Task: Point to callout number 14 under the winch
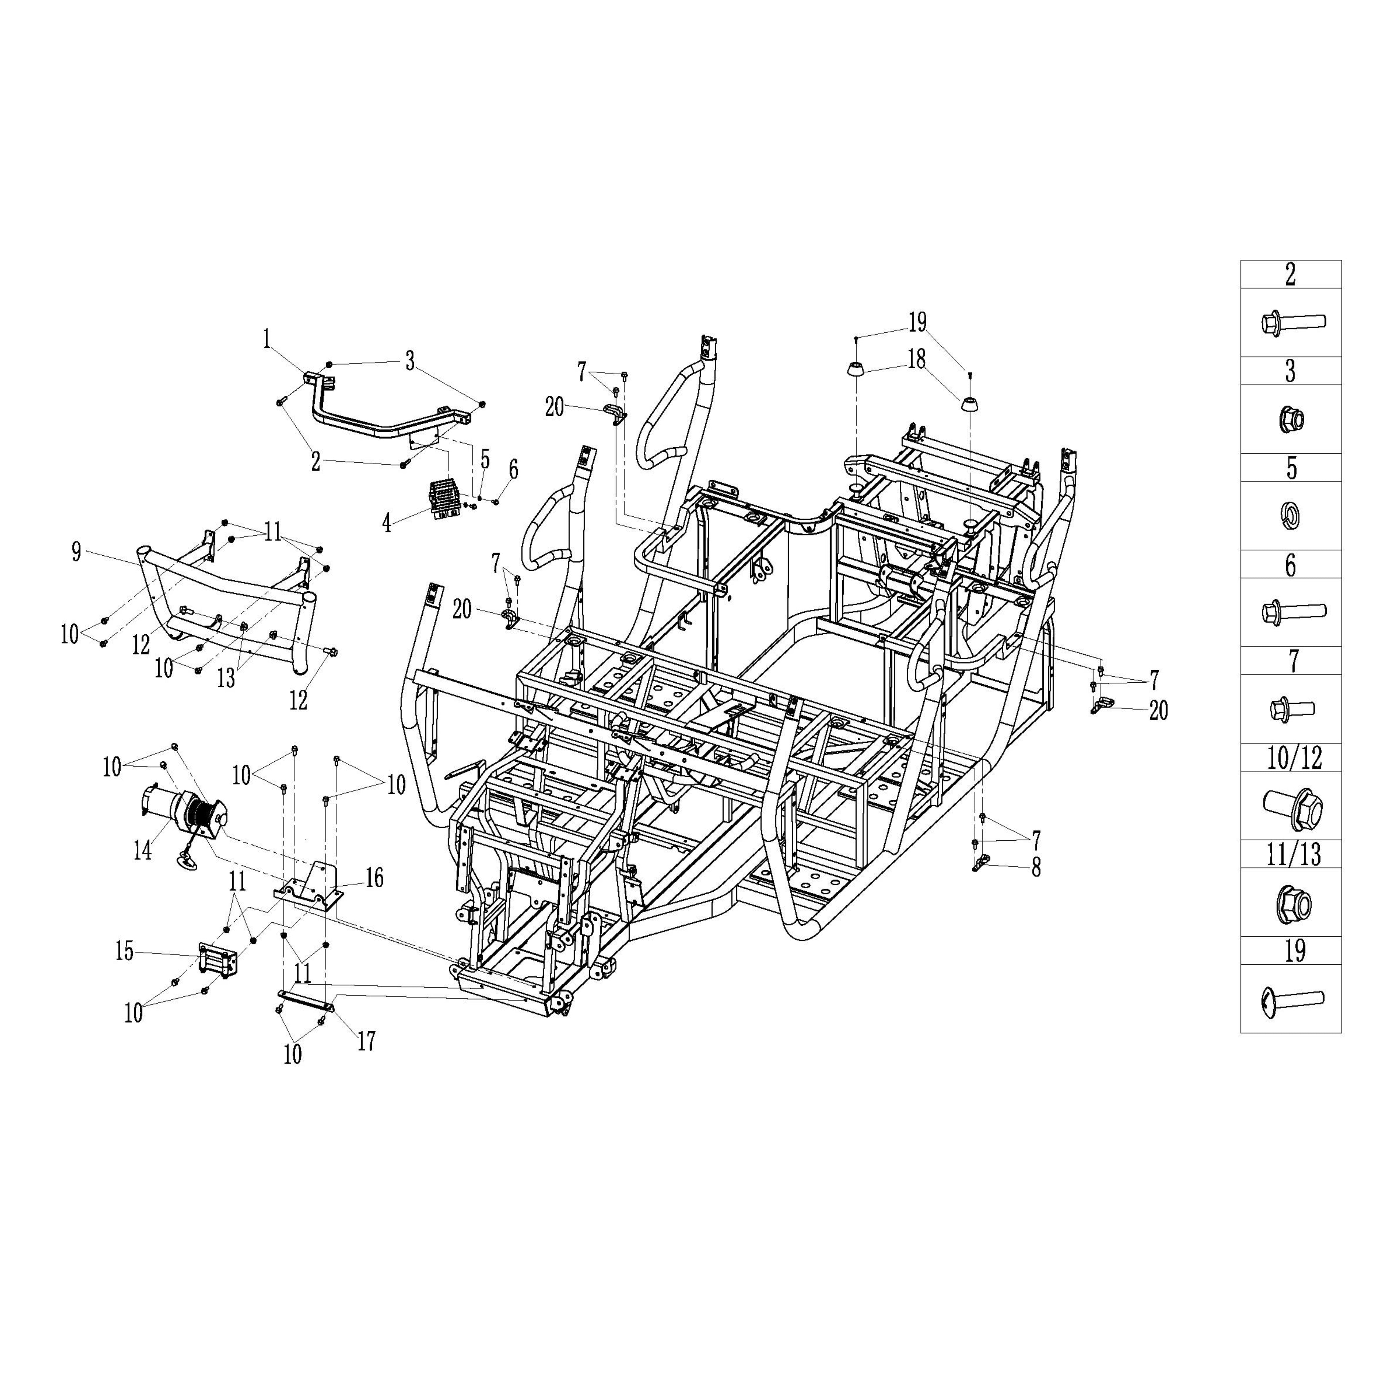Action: tap(143, 849)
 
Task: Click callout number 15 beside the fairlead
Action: tap(125, 951)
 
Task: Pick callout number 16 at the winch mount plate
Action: tap(374, 878)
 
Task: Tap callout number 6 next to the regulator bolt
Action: tap(513, 470)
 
